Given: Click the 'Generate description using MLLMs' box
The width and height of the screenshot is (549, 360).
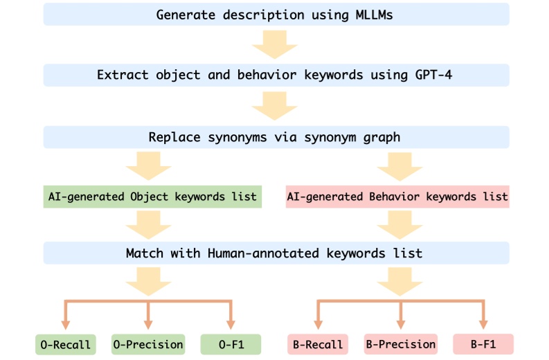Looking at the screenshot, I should point(276,15).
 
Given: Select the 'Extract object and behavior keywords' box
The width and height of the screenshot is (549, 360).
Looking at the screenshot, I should point(276,75).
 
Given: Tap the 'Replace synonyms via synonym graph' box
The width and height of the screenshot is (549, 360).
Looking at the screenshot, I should point(276,136).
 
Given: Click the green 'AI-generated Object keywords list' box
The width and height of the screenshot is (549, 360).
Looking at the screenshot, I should point(152,197).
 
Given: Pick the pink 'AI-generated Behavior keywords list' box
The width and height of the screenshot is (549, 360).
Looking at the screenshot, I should point(397,197).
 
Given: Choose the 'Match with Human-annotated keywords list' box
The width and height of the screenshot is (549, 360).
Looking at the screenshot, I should point(276,253).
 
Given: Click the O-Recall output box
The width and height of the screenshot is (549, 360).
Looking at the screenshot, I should point(64,344).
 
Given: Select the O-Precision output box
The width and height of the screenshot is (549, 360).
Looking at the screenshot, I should point(148,344).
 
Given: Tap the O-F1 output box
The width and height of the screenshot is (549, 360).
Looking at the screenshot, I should point(231,344).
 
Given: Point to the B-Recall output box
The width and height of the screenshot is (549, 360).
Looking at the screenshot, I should point(316,344).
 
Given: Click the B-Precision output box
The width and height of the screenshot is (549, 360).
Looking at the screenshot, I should point(400,344).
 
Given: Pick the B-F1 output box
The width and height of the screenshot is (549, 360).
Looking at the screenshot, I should point(483,344).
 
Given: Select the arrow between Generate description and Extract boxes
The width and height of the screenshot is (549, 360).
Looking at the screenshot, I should point(276,45).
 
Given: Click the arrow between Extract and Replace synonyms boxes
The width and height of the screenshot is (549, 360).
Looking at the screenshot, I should point(276,106).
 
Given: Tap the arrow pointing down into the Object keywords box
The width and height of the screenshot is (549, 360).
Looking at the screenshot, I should point(147,166).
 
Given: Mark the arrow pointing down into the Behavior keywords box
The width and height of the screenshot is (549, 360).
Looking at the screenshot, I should point(401,166).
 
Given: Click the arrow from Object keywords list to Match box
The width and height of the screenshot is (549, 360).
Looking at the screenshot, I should point(147,224).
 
